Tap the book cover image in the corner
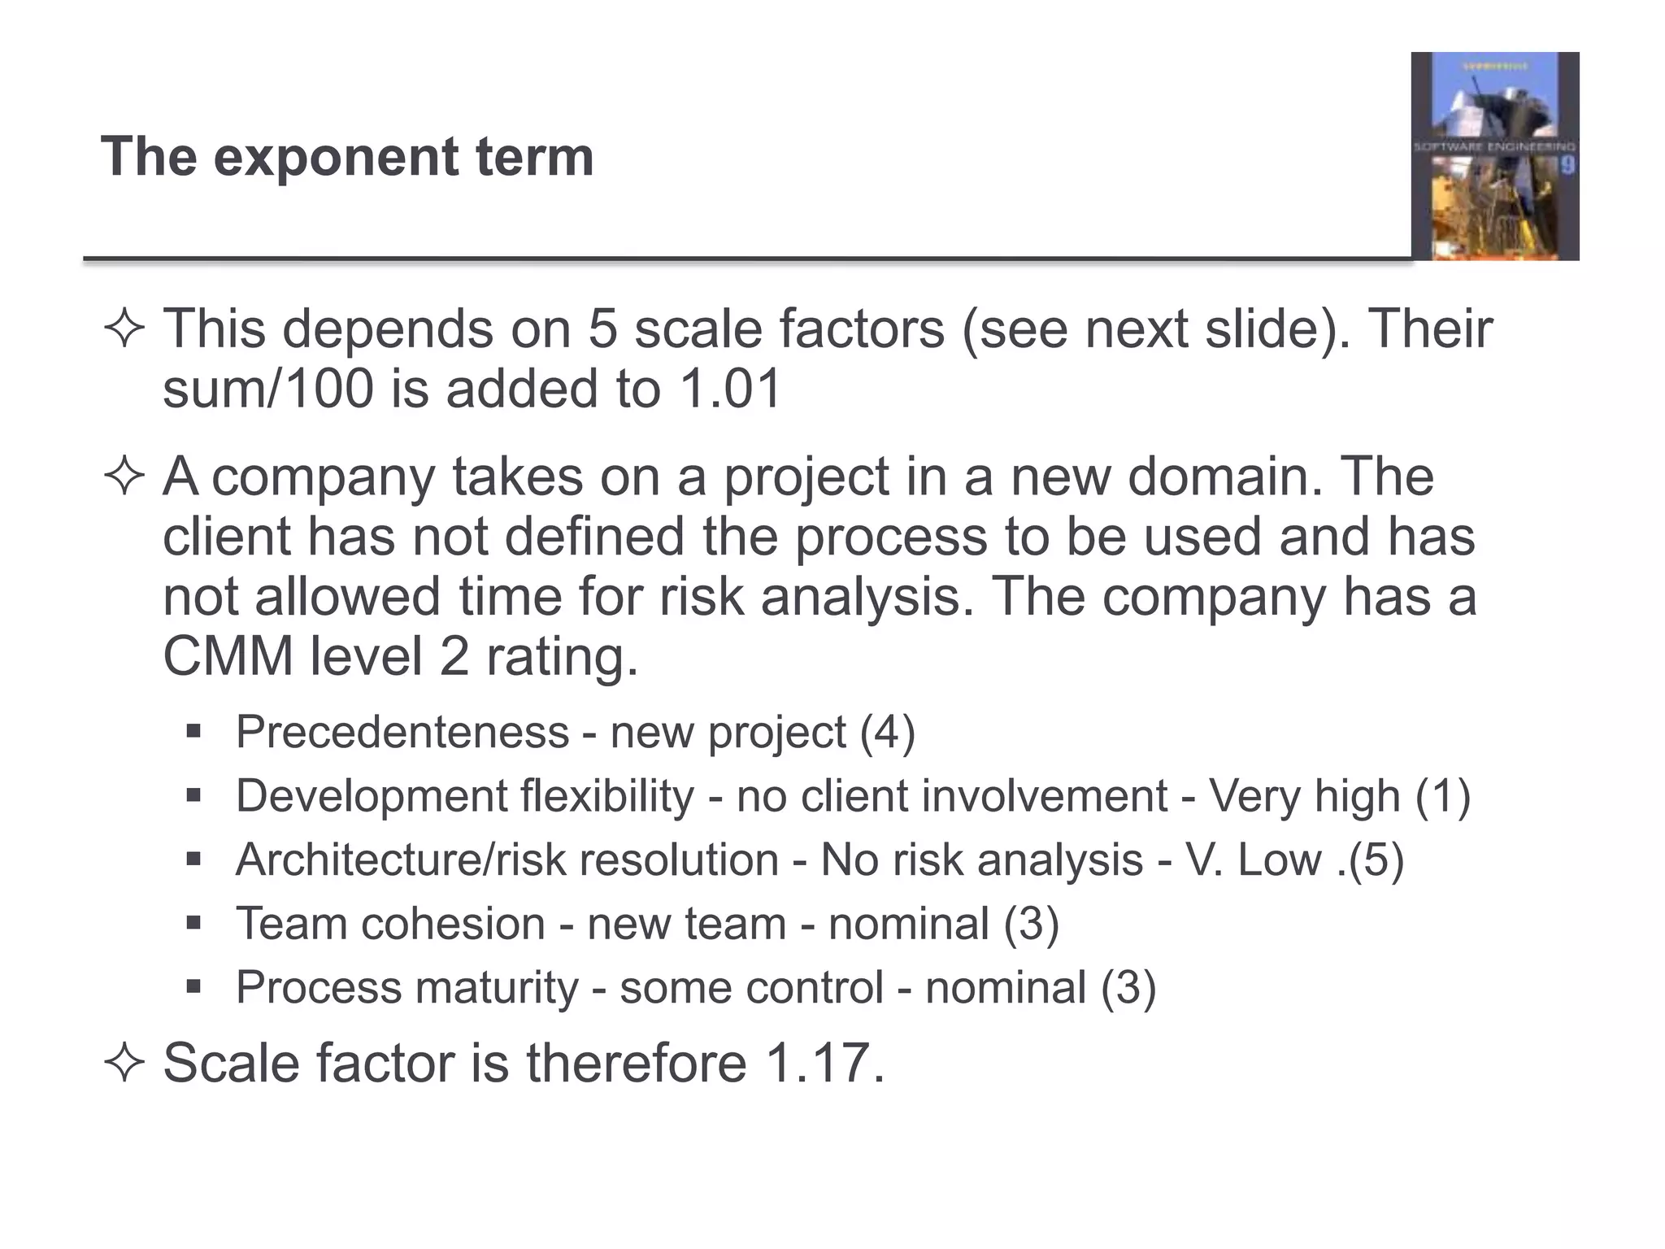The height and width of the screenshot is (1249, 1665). pos(1494,156)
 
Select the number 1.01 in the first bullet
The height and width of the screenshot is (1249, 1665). pos(729,388)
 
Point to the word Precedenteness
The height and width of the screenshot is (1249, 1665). pos(402,732)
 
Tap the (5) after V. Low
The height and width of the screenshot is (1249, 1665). pos(1376,860)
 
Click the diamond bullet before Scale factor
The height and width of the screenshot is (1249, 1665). pos(124,1063)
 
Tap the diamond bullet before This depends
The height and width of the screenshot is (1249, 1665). pos(124,329)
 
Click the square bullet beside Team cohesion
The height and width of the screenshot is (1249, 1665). pos(193,924)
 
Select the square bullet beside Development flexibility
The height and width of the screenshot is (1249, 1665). pos(193,795)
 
